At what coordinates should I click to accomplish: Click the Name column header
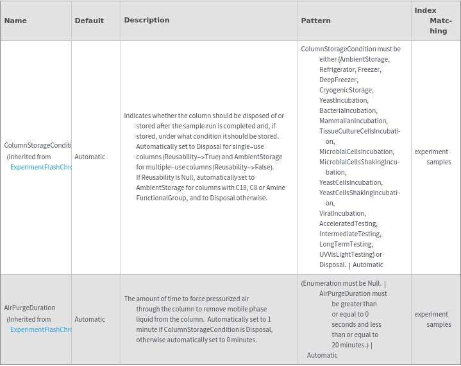15,21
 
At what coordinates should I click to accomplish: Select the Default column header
89,21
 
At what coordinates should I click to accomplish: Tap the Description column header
147,20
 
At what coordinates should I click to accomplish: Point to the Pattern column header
315,21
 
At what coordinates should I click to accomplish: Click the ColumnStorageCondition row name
37,146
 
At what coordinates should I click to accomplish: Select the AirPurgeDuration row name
29,308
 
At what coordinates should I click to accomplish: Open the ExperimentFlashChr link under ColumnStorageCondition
40,167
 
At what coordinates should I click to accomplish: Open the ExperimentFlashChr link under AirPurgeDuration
40,329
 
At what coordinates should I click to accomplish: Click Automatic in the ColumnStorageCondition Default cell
90,157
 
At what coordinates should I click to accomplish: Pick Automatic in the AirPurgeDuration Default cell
90,319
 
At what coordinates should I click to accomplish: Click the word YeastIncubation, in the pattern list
344,100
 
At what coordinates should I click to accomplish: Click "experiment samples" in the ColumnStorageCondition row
433,157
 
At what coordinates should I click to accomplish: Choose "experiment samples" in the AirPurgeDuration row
433,319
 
